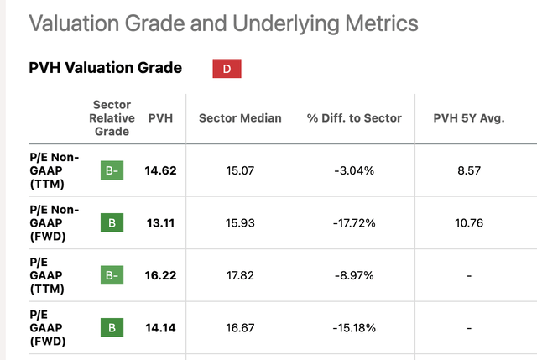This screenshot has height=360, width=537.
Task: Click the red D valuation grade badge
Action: click(227, 69)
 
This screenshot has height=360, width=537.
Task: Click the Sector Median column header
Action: click(240, 118)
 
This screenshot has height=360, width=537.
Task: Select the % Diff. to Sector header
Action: click(353, 118)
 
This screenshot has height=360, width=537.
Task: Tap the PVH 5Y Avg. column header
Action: click(469, 118)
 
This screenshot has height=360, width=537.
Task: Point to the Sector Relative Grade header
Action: click(112, 118)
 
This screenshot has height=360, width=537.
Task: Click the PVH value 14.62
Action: click(161, 172)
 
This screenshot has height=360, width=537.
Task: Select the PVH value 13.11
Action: click(161, 223)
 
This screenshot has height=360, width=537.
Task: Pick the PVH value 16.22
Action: click(161, 274)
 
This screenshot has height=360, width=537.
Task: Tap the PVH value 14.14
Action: click(161, 326)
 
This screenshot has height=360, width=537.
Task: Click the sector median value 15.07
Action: click(240, 172)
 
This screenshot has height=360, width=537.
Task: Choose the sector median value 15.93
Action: click(240, 223)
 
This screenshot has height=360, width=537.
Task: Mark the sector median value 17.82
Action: click(240, 274)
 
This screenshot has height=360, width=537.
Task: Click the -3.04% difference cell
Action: click(353, 172)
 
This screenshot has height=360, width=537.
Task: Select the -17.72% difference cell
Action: click(353, 223)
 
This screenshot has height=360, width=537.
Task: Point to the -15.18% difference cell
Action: click(353, 326)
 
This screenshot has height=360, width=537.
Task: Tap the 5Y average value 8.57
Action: click(469, 172)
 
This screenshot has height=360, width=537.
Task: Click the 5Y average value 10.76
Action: click(469, 223)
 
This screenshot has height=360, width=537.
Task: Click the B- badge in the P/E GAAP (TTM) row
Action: click(112, 274)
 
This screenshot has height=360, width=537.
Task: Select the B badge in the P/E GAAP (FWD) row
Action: click(112, 326)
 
